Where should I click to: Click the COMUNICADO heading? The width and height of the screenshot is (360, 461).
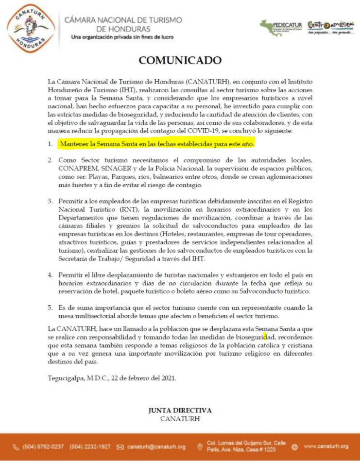click(x=180, y=60)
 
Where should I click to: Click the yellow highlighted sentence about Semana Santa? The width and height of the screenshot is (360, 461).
click(x=157, y=144)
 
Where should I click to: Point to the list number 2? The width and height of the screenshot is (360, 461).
click(x=51, y=160)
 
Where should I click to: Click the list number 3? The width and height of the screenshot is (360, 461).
click(x=51, y=201)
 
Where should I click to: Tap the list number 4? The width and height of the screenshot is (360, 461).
click(x=51, y=274)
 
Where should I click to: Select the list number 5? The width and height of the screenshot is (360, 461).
click(x=51, y=307)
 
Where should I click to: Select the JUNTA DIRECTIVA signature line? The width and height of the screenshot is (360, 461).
click(x=180, y=410)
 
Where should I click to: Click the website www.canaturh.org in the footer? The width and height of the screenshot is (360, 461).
click(x=326, y=446)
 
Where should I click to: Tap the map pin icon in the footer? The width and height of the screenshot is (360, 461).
click(x=200, y=446)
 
